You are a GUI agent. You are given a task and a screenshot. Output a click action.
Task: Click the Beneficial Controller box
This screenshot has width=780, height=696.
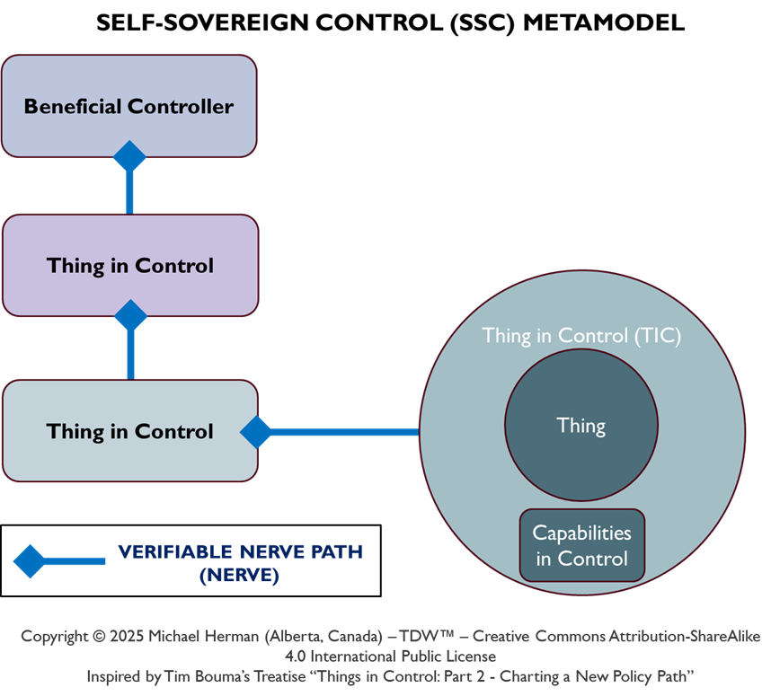click(x=129, y=106)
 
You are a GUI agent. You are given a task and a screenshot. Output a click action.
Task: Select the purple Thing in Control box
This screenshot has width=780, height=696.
click(x=130, y=266)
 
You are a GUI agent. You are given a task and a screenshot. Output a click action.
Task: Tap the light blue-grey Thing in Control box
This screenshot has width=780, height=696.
click(x=130, y=431)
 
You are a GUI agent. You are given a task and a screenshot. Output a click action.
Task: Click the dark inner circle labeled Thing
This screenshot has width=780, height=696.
click(x=581, y=425)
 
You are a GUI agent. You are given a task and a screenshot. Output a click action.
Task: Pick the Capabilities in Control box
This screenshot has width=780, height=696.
click(x=581, y=545)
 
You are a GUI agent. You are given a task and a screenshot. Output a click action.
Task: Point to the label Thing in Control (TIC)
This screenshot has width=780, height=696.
click(x=581, y=336)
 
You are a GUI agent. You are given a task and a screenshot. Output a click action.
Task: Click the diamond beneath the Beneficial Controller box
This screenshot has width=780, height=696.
click(x=129, y=156)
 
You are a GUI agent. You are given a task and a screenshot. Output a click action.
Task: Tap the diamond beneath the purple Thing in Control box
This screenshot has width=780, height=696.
click(x=131, y=315)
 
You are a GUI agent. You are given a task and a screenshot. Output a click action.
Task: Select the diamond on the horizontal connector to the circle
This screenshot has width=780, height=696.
click(x=256, y=432)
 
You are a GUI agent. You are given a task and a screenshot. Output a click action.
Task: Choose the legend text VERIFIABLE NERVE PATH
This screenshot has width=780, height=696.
click(x=241, y=551)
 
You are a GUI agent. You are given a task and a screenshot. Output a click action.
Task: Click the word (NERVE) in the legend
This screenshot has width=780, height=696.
click(x=239, y=575)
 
